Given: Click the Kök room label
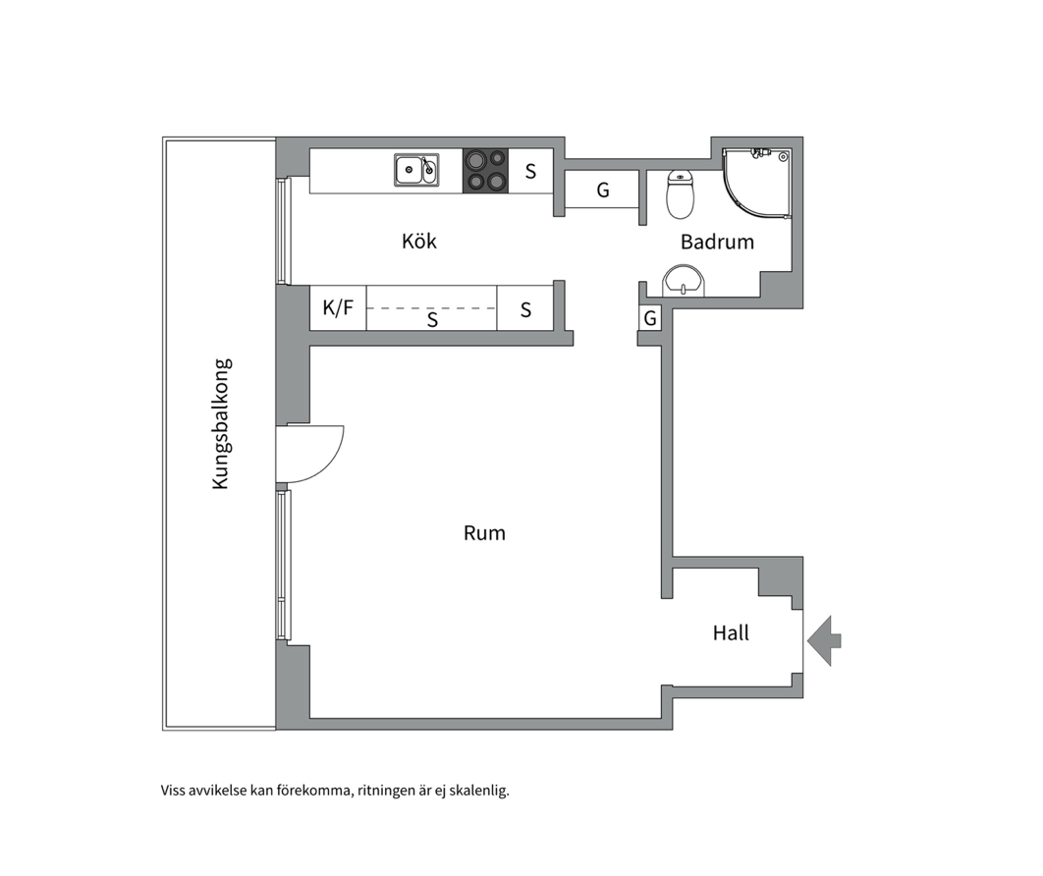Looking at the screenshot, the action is pos(419,241).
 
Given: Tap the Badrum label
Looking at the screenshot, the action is pos(717,242).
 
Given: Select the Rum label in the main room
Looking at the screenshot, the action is pos(484,533).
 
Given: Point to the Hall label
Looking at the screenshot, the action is pos(731,632).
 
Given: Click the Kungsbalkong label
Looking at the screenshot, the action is pos(221,424).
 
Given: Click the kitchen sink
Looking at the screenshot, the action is pos(416,170).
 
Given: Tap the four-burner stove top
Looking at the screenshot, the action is pos(485,171).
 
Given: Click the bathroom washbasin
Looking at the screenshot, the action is pos(684,281).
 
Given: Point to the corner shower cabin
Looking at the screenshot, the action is pos(757,183).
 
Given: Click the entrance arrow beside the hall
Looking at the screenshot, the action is pos(824,640).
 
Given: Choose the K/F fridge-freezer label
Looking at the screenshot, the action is pos(338,307).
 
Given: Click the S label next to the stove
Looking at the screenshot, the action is pos(530,172).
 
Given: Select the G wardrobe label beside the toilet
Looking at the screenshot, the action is pos(603,191).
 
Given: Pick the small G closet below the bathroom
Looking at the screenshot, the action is pos(650,318).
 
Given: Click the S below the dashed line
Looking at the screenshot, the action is pos(432,320).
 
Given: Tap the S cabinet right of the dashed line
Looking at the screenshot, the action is pos(525,309).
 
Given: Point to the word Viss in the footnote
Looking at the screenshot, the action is pos(173,791).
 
